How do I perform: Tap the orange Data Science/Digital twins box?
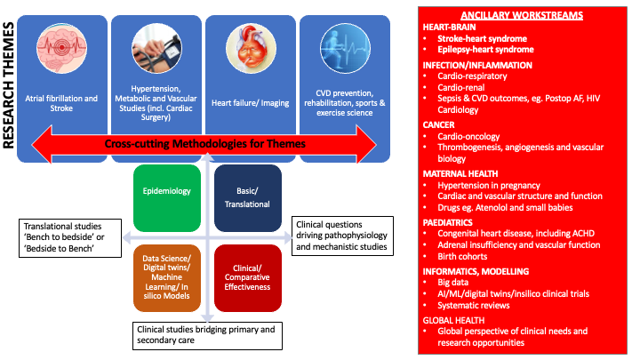167,277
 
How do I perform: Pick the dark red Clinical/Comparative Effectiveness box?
248,277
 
